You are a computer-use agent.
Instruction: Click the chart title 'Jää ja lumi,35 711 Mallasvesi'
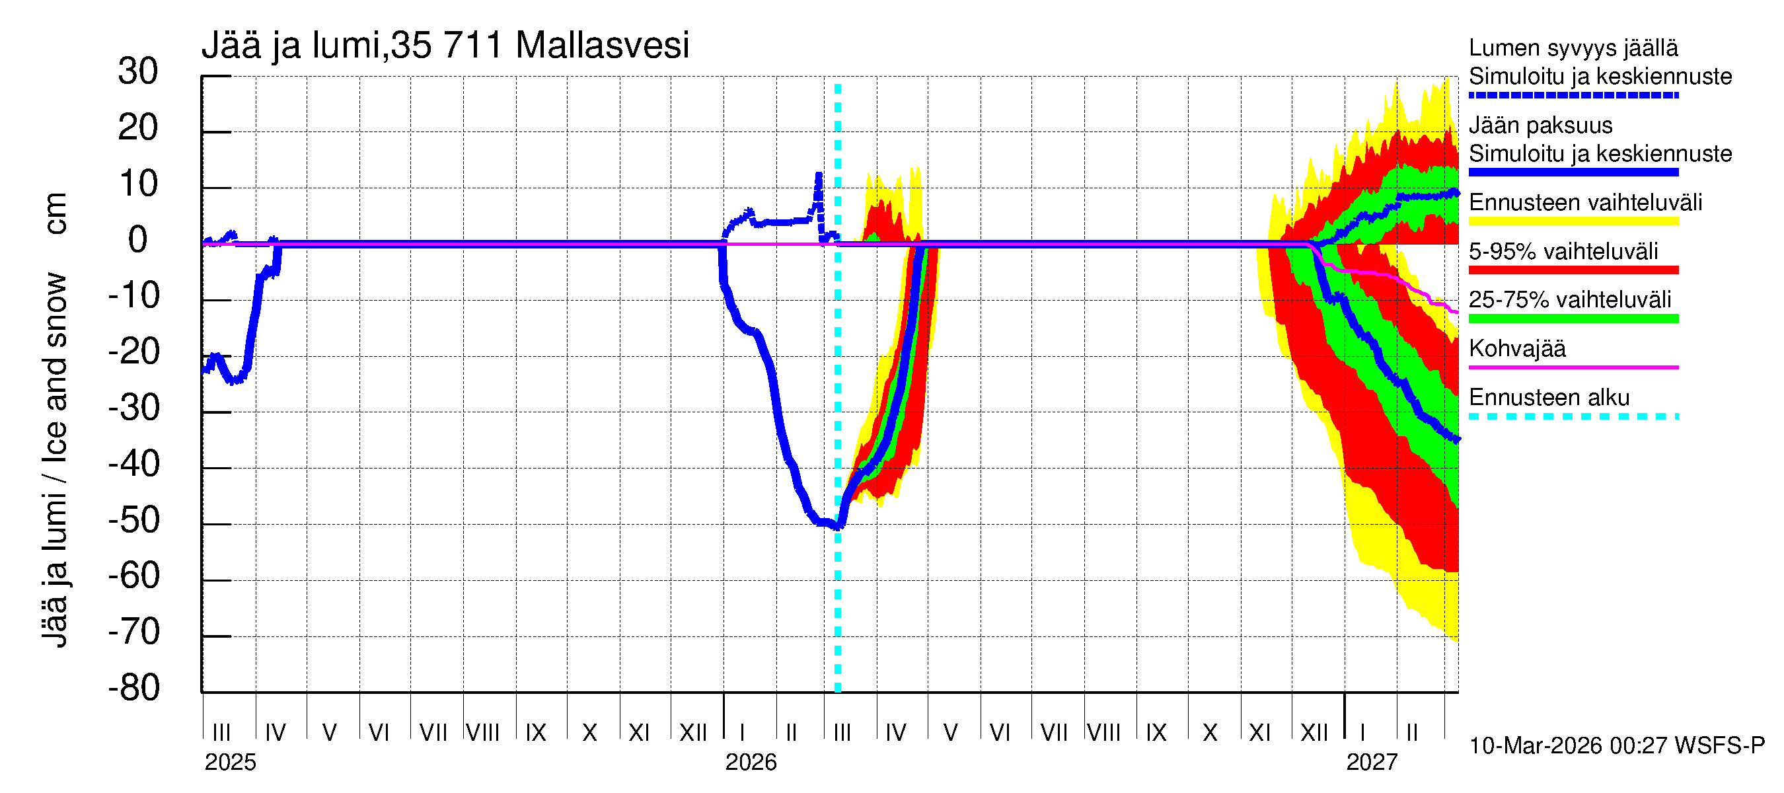pos(445,46)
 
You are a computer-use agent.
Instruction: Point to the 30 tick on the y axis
pos(138,72)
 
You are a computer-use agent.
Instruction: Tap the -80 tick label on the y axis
pos(134,689)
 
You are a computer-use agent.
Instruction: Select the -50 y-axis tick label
pos(134,521)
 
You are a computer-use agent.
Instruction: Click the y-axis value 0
pos(138,241)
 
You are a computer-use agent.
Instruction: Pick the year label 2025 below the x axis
pos(230,763)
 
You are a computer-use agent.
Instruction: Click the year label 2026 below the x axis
pos(751,763)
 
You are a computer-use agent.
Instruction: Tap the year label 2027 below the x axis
pos(1371,763)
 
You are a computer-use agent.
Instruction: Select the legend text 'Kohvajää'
pos(1516,348)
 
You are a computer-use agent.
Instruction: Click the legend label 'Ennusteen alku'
pos(1549,398)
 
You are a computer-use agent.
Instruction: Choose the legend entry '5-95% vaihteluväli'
pos(1563,251)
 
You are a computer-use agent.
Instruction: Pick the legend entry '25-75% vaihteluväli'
pos(1569,300)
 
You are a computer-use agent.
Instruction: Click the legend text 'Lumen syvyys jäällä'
pos(1573,48)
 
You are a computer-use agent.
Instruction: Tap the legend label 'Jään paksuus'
pos(1540,126)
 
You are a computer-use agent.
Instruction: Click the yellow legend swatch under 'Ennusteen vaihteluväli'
pos(1573,221)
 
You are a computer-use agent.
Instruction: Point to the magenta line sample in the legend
pos(1573,367)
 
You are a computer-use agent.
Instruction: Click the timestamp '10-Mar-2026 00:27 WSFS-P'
pos(1616,746)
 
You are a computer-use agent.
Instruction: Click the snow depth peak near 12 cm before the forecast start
pos(819,175)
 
